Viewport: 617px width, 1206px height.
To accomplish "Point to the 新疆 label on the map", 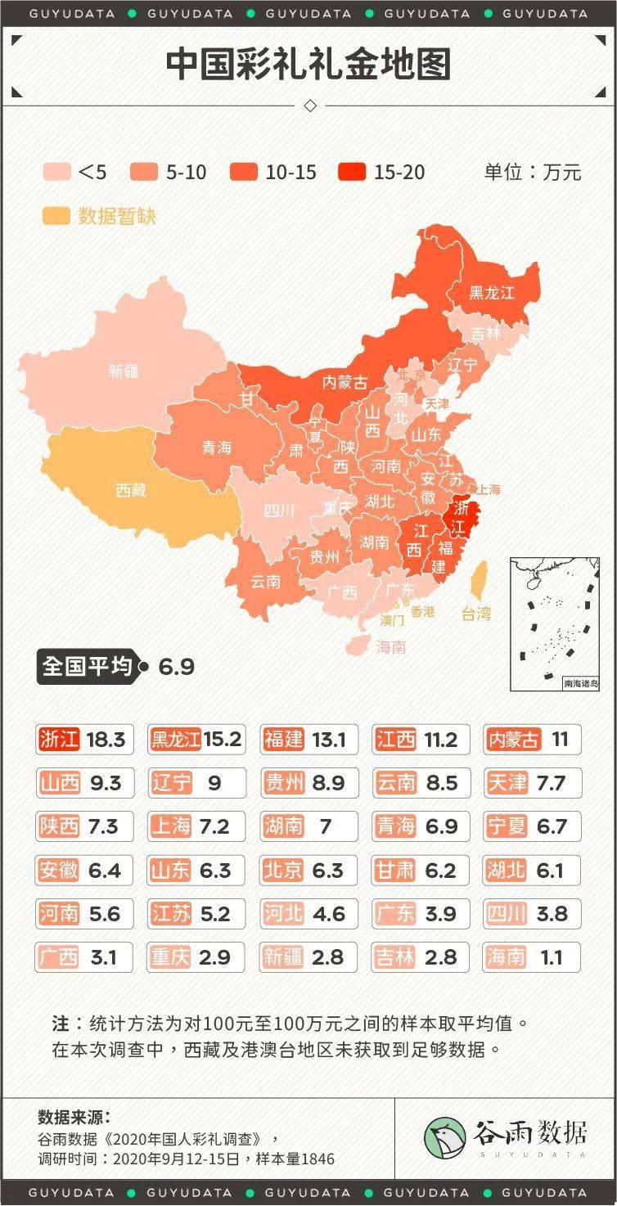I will pos(123,371).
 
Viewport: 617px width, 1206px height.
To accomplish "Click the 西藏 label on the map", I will pos(131,490).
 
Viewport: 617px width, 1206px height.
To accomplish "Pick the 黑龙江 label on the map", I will pos(491,292).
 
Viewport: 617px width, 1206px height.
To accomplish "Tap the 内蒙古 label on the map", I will pos(345,381).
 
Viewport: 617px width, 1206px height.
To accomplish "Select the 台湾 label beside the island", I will pos(476,613).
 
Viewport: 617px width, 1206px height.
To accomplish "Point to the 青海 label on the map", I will pos(217,448).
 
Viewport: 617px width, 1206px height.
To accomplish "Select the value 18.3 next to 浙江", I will pos(105,740).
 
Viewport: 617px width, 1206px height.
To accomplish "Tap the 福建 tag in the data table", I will pos(283,740).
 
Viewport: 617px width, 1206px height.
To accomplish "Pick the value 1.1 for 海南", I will pos(552,956).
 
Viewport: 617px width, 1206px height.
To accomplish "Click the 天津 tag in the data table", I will pos(507,783).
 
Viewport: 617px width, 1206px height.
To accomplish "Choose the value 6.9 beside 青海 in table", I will pos(441,826).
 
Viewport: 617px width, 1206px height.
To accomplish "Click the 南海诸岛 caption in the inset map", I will pos(580,683).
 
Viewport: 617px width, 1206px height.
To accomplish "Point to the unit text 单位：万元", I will pos(532,172).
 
